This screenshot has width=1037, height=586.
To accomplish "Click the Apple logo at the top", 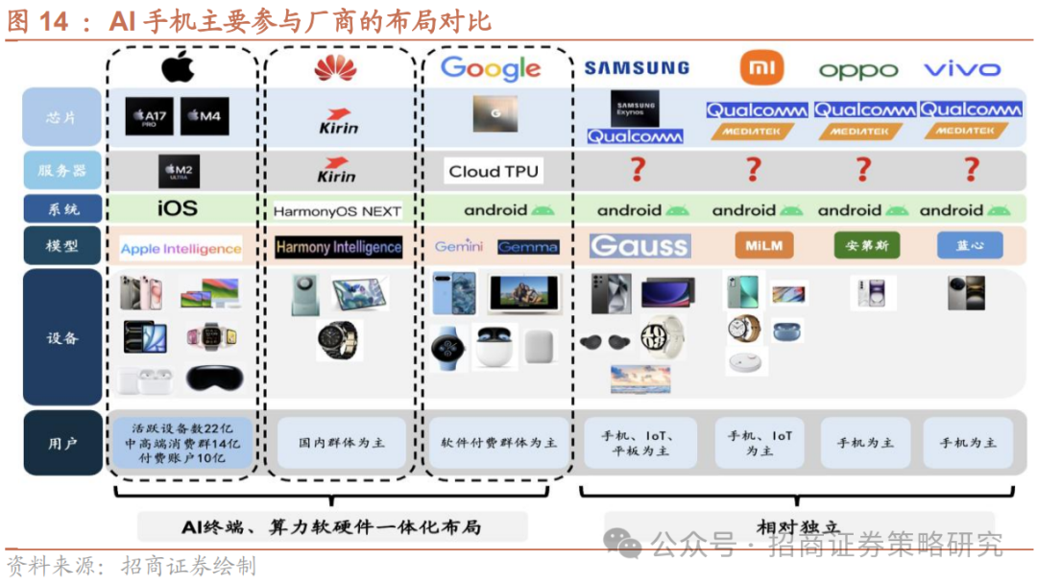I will (x=178, y=67).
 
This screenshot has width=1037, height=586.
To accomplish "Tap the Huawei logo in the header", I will (x=335, y=68).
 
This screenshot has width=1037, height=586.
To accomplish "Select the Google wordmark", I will (x=491, y=68).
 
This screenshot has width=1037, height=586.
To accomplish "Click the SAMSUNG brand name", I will (x=637, y=68).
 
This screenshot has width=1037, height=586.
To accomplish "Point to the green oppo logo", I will (x=857, y=70).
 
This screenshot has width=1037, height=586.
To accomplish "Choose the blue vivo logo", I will (x=961, y=69).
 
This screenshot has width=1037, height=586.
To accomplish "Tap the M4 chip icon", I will (x=205, y=116).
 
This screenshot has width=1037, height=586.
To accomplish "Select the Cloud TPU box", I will (x=494, y=172).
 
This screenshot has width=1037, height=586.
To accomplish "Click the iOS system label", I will (x=178, y=208).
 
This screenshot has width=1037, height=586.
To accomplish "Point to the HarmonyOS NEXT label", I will (x=337, y=211).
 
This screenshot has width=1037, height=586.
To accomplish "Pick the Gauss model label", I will (x=639, y=246).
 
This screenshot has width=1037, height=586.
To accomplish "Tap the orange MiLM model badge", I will (x=764, y=246).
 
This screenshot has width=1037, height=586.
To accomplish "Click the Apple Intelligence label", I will (x=181, y=249).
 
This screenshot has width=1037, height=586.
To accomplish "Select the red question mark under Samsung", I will (x=637, y=171).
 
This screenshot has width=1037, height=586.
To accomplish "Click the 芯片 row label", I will (x=62, y=117).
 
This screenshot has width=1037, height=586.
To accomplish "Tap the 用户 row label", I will (x=62, y=444).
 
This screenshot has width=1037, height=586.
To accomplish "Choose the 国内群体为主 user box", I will (x=342, y=443).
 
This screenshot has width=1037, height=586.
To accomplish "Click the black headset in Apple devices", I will (x=214, y=378).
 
